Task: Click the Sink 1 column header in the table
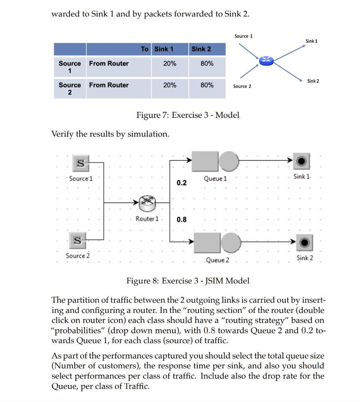[163, 49]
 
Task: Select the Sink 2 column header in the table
[201, 49]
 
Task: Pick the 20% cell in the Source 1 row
[170, 64]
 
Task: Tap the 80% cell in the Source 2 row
[207, 85]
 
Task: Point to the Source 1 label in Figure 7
[243, 36]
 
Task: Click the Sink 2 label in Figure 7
[313, 81]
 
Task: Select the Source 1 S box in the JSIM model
[81, 163]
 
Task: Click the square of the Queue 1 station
[205, 161]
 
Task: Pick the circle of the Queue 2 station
[230, 242]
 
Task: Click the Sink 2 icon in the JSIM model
[304, 242]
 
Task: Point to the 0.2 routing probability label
[182, 183]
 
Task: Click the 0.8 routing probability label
[182, 219]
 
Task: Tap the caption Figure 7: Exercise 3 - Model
[187, 115]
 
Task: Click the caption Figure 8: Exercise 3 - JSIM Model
[187, 281]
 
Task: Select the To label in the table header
[145, 49]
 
